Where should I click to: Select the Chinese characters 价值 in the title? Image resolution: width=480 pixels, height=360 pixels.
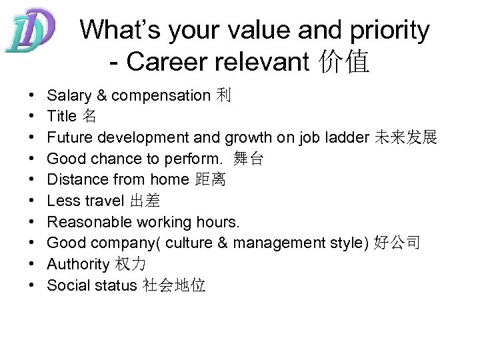[345, 62]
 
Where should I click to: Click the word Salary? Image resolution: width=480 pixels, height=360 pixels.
[69, 95]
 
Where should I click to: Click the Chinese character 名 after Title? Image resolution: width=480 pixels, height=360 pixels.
[89, 116]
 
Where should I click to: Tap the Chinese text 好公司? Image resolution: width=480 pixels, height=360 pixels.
[397, 243]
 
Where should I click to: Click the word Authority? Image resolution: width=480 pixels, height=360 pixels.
[78, 265]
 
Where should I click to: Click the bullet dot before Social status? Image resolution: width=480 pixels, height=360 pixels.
[33, 286]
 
